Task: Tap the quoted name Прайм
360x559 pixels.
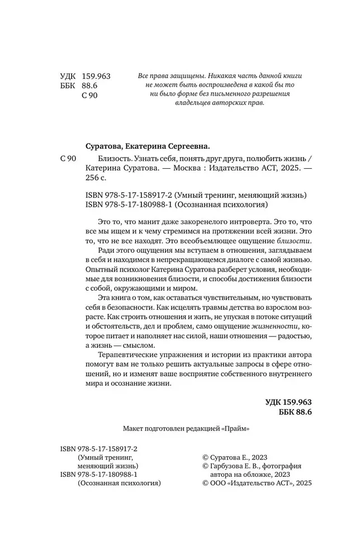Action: click(x=236, y=429)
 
